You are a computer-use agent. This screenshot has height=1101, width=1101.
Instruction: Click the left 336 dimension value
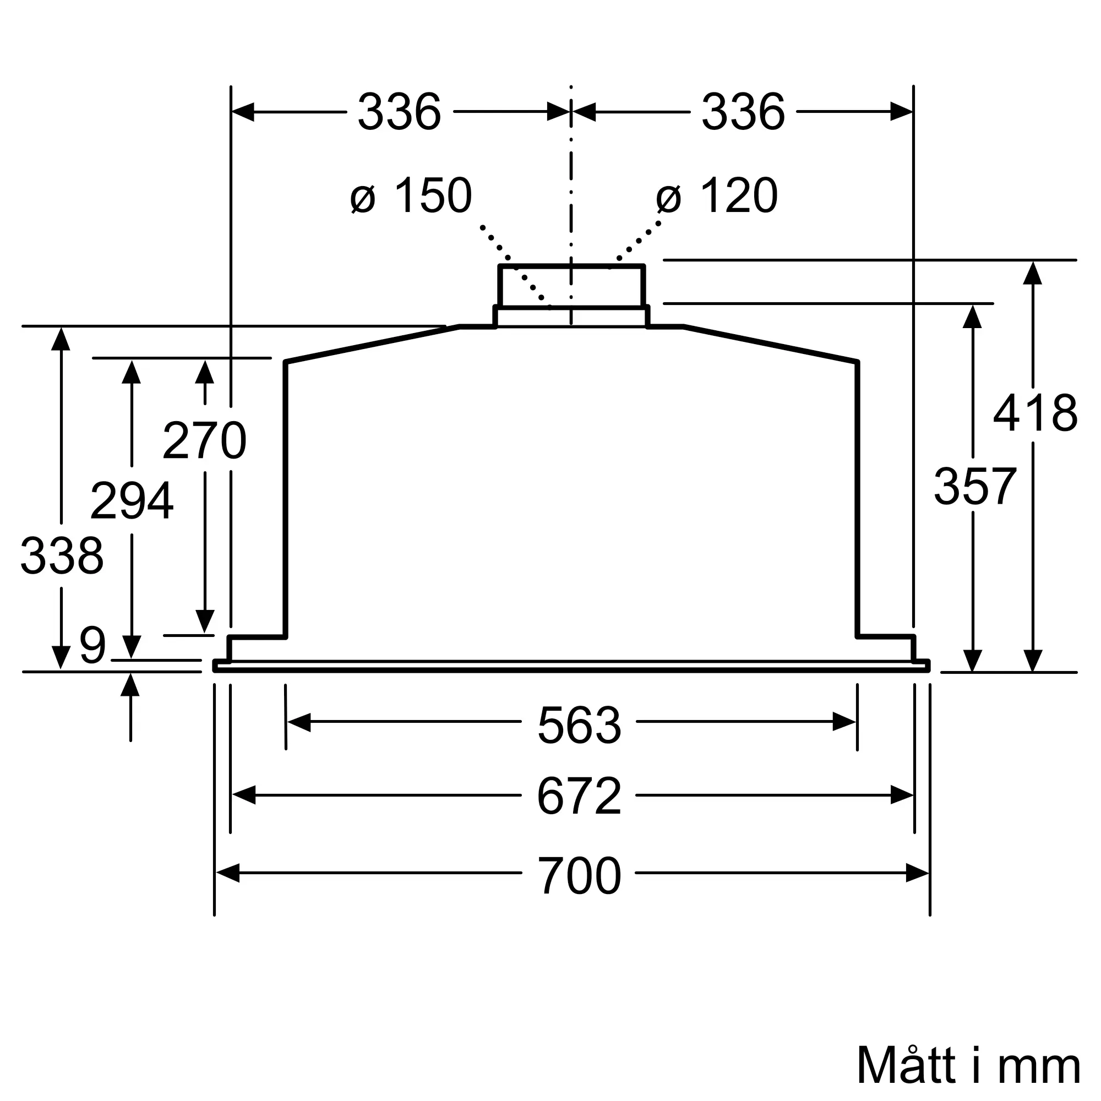(399, 112)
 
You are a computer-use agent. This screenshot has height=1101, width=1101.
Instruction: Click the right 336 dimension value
(743, 112)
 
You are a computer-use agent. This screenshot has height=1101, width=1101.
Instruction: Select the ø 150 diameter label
(411, 195)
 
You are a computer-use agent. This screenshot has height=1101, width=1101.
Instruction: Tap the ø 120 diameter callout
(717, 195)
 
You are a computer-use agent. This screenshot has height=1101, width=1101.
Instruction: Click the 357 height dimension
(975, 486)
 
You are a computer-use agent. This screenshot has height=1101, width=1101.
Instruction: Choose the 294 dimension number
(132, 501)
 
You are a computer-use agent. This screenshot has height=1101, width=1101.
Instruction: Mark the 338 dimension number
(62, 555)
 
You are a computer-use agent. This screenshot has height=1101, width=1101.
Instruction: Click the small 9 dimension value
(93, 645)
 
